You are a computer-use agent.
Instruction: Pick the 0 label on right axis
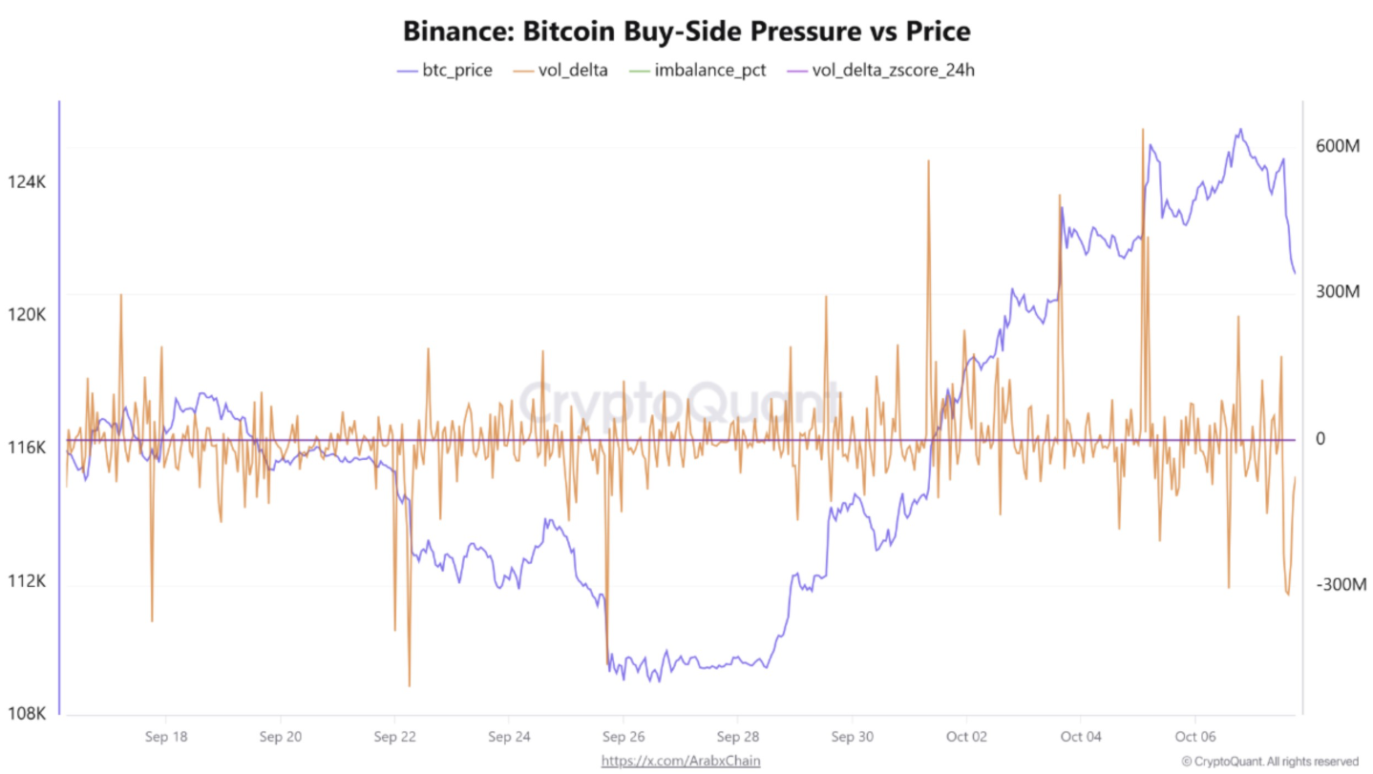1321,439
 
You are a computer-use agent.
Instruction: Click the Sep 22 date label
394,737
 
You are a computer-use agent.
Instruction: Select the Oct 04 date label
1080,737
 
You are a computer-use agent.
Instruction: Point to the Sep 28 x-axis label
737,737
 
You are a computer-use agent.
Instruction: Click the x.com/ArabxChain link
680,761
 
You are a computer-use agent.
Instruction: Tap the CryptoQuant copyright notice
1269,761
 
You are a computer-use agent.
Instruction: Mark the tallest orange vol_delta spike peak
1142,129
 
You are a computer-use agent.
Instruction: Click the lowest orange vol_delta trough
410,685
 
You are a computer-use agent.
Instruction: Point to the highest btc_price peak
1240,130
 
